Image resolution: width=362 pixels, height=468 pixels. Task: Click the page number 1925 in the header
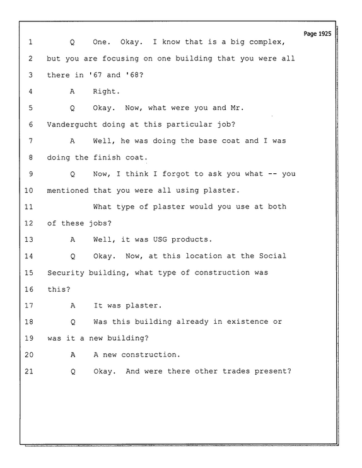point(324,34)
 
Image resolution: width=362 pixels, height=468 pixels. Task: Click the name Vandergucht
point(72,124)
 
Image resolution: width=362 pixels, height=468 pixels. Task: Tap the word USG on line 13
point(160,239)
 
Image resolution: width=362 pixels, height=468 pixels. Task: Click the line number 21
point(29,371)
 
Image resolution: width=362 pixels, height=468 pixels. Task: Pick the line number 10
point(29,190)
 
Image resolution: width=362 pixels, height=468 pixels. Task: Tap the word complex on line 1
point(266,42)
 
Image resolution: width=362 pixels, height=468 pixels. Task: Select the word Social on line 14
point(272,256)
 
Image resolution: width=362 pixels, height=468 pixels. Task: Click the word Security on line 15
point(66,273)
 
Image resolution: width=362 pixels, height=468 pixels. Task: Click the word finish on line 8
point(107,157)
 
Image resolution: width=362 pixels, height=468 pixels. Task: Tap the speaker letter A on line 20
point(73,355)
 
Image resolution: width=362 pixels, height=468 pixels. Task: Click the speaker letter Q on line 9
point(73,174)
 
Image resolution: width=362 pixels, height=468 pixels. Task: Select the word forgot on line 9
point(176,174)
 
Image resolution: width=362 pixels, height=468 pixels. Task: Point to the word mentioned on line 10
point(67,190)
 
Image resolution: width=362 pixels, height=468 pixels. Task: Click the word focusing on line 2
point(120,59)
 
